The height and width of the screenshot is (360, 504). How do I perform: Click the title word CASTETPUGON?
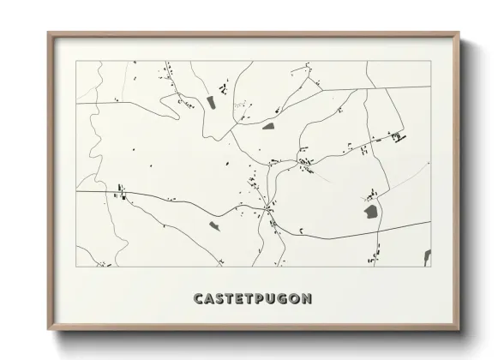(x=253, y=299)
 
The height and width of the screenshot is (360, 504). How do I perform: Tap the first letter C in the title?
(x=199, y=299)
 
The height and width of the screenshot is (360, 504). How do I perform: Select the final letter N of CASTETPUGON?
(x=307, y=299)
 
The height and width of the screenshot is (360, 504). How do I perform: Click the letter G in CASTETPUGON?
(x=285, y=299)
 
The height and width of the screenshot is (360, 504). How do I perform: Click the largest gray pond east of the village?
(x=371, y=211)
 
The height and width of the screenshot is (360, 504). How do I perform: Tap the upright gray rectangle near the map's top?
(x=211, y=103)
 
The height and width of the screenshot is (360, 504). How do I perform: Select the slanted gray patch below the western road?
(x=214, y=226)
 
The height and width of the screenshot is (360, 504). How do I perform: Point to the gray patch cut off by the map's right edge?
(x=427, y=255)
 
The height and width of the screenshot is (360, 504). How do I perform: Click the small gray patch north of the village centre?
(x=267, y=126)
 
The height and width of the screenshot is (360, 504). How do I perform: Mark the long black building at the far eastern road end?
(x=399, y=136)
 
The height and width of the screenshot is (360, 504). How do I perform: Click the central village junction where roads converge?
(x=269, y=206)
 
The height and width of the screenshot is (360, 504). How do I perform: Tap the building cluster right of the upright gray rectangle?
(x=225, y=88)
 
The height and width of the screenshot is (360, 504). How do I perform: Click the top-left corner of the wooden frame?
(x=48, y=33)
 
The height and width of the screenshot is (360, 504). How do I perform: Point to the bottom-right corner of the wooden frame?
(x=460, y=331)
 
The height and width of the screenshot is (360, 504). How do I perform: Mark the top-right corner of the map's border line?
(x=430, y=62)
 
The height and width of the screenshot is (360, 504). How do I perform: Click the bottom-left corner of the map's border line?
(x=76, y=267)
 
